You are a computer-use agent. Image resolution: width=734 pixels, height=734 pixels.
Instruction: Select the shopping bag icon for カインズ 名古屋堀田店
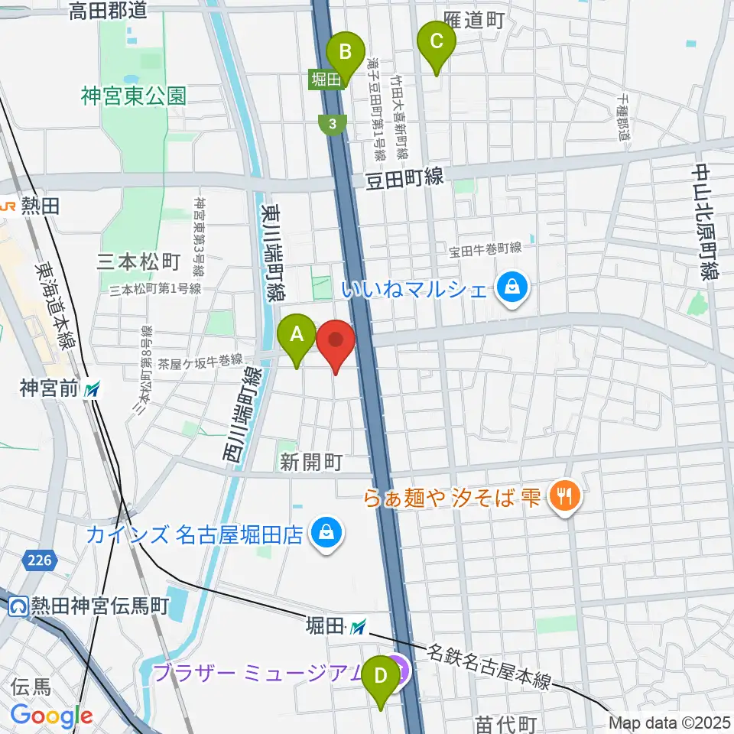[x=326, y=533]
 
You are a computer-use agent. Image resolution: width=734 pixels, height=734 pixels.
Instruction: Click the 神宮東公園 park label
[x=135, y=96]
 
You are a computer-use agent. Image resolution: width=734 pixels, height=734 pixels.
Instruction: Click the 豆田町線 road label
[x=403, y=177]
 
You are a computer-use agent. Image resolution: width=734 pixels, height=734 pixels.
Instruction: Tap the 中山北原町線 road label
[x=704, y=222]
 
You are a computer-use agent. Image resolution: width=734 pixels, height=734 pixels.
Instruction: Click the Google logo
[x=51, y=716]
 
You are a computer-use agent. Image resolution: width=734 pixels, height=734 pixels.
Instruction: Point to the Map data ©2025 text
[x=671, y=722]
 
